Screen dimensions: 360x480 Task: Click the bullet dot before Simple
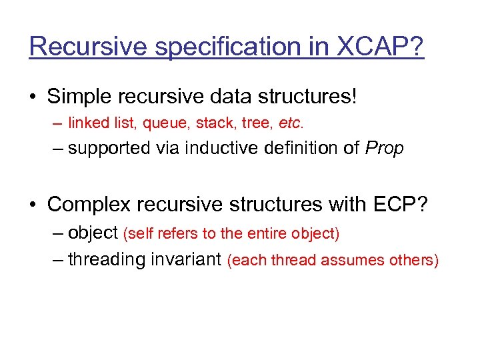[33, 97]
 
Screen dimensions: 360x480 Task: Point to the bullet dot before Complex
[33, 204]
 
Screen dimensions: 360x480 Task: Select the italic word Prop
[385, 149]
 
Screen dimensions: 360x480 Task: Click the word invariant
[189, 259]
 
